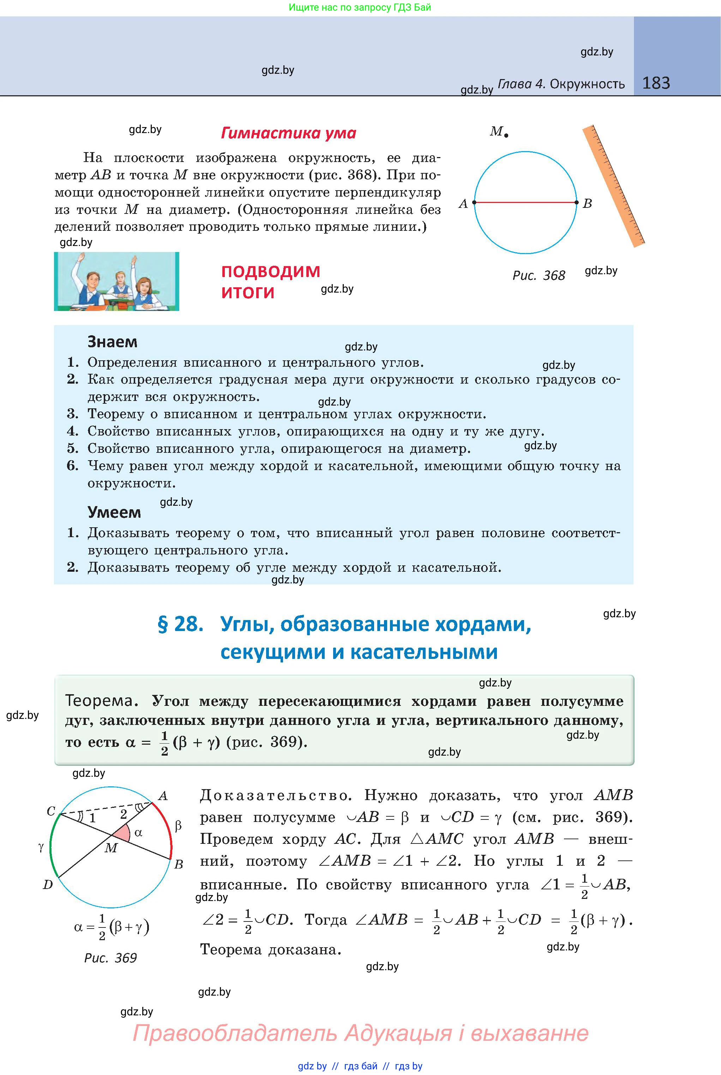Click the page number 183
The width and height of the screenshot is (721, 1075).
pyautogui.click(x=656, y=83)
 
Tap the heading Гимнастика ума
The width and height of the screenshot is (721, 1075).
pyautogui.click(x=288, y=133)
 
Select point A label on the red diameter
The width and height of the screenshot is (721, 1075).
pyautogui.click(x=463, y=204)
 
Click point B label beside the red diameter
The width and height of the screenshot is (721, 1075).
pyautogui.click(x=587, y=204)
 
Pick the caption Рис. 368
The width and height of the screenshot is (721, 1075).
pyautogui.click(x=539, y=275)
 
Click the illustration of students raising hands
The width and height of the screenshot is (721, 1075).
pyautogui.click(x=116, y=281)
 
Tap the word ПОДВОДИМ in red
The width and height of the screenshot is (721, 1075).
pyautogui.click(x=270, y=272)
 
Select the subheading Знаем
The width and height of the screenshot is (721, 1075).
pyautogui.click(x=112, y=342)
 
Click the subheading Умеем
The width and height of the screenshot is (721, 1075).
pyautogui.click(x=114, y=512)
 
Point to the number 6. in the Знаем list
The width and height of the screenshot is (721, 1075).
pyautogui.click(x=73, y=466)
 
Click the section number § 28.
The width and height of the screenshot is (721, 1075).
pyautogui.click(x=180, y=624)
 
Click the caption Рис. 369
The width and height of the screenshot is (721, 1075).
pyautogui.click(x=110, y=958)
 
